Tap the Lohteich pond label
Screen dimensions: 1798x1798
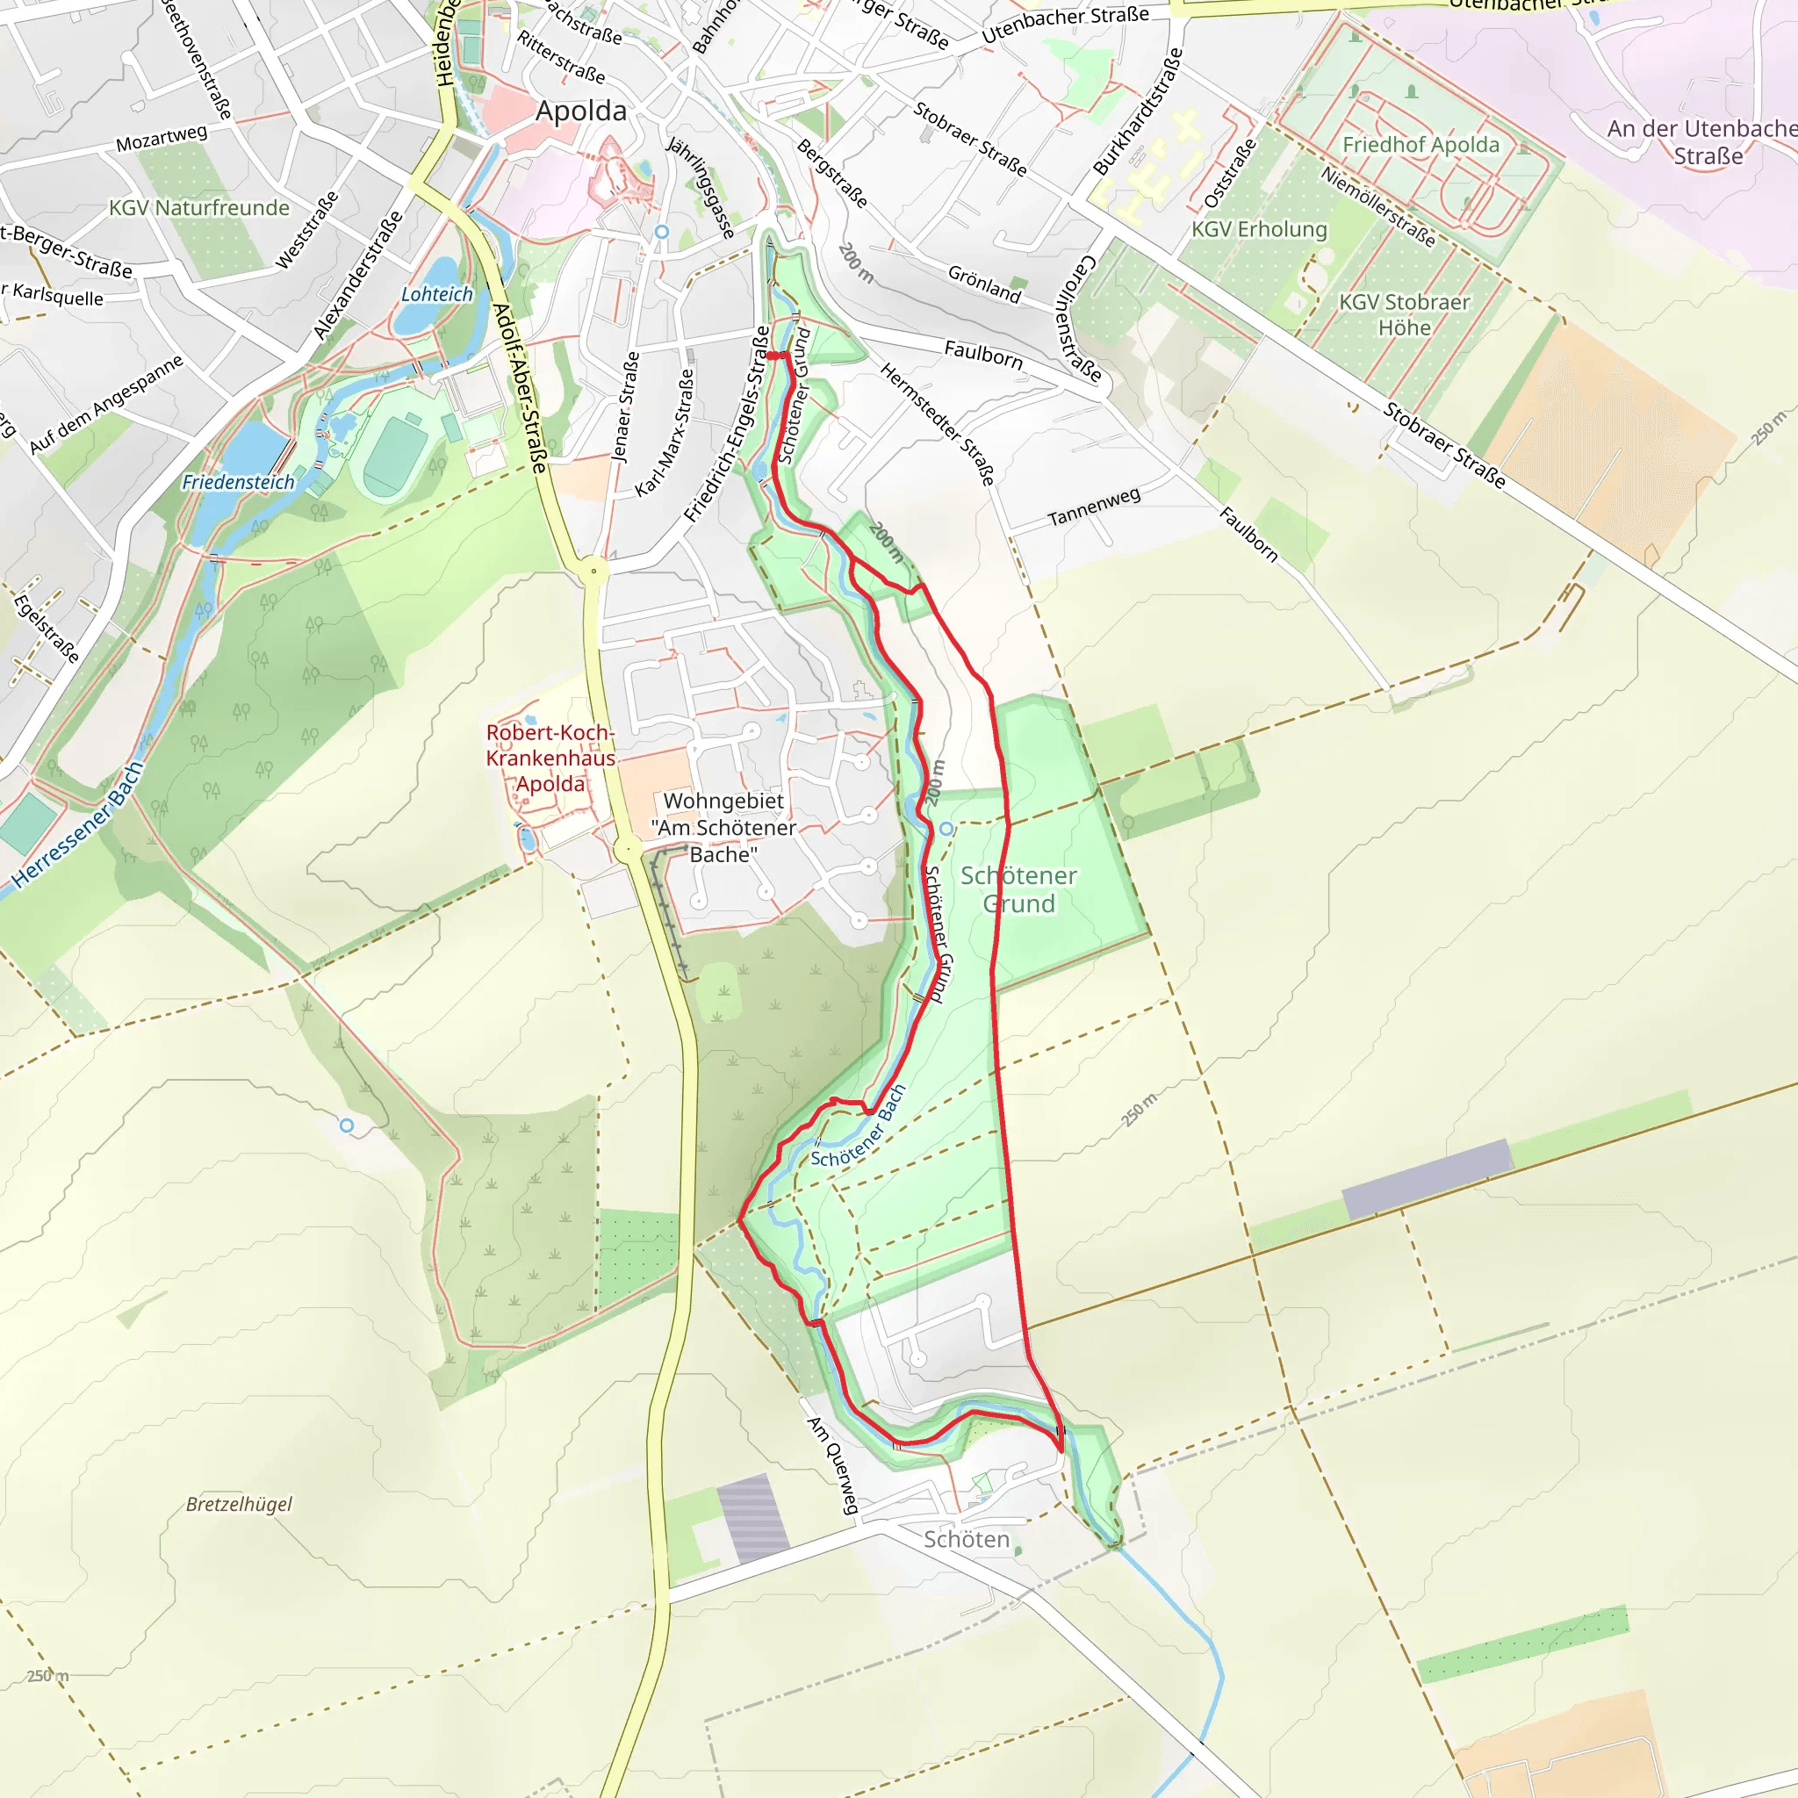436,294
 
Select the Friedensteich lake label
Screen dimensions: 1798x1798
237,482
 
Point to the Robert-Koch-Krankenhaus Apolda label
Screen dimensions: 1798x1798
550,758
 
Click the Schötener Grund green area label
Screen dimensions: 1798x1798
1018,888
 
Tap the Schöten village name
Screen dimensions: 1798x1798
966,1539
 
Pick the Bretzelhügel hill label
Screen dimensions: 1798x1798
238,1504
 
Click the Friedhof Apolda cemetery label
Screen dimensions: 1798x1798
1420,145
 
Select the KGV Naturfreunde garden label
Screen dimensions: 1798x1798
199,207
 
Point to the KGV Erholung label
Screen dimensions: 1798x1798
1259,229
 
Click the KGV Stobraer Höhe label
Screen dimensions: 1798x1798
1404,314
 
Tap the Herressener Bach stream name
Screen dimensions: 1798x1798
78,824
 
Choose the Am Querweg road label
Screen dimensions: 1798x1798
833,1465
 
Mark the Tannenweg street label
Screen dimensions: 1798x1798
1094,507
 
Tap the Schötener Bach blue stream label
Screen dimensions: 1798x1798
857,1127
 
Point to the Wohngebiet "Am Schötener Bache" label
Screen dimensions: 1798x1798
723,827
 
